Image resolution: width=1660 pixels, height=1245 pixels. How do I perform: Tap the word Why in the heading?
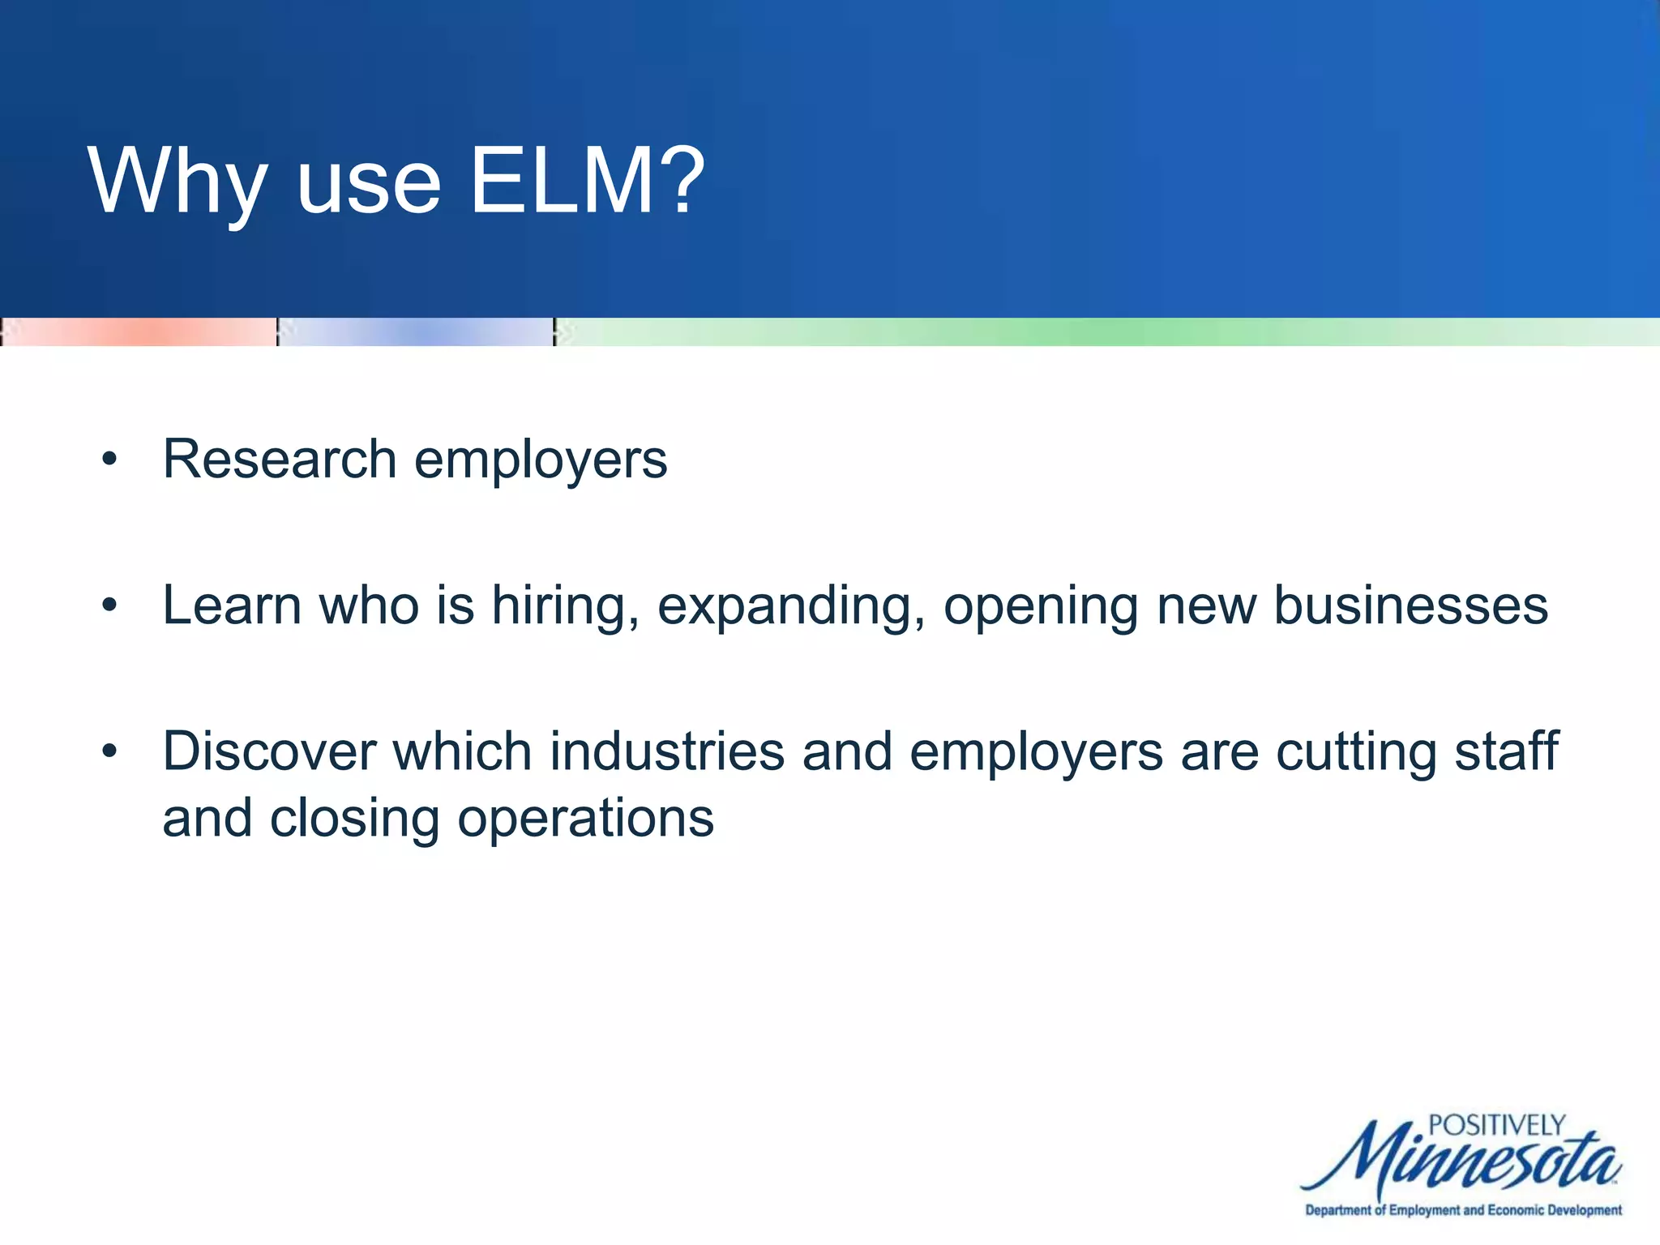[178, 183]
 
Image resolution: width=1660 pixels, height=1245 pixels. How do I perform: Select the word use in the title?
[369, 186]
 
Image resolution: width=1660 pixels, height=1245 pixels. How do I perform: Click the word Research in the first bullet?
[280, 459]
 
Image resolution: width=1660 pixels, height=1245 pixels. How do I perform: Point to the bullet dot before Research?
[109, 460]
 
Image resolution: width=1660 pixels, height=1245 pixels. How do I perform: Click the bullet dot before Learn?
[109, 605]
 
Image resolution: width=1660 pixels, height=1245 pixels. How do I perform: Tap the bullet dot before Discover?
[109, 751]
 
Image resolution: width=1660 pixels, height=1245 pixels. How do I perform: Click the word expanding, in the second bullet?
[791, 607]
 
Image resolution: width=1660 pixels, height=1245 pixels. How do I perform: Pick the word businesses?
[1410, 605]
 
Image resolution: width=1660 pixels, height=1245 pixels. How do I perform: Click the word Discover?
[269, 751]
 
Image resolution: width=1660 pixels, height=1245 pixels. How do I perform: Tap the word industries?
[667, 751]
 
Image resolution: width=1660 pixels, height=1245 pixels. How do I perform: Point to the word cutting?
[1356, 753]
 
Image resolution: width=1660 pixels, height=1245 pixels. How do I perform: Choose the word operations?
[585, 819]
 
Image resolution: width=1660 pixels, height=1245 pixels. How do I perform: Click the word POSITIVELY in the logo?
[1496, 1125]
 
